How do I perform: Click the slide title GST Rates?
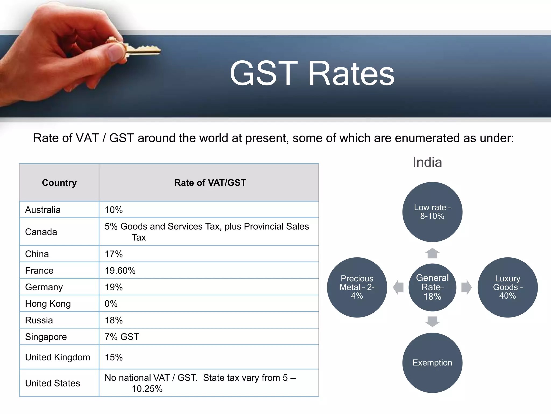point(312,74)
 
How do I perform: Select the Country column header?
point(59,183)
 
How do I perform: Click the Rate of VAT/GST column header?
point(210,183)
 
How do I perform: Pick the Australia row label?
point(43,210)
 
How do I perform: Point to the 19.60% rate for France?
point(120,271)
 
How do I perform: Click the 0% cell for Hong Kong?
point(111,304)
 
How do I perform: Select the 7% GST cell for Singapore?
point(122,337)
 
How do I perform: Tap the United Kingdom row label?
point(58,357)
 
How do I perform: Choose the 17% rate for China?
point(114,254)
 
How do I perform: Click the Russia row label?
point(39,320)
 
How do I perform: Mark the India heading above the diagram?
point(427,162)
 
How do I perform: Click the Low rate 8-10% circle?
point(432,212)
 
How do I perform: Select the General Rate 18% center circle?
point(432,287)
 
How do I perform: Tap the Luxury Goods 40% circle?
point(507,287)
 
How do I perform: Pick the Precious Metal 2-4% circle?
point(357,287)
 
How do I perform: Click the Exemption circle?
point(432,363)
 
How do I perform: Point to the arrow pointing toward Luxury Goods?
point(466,287)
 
